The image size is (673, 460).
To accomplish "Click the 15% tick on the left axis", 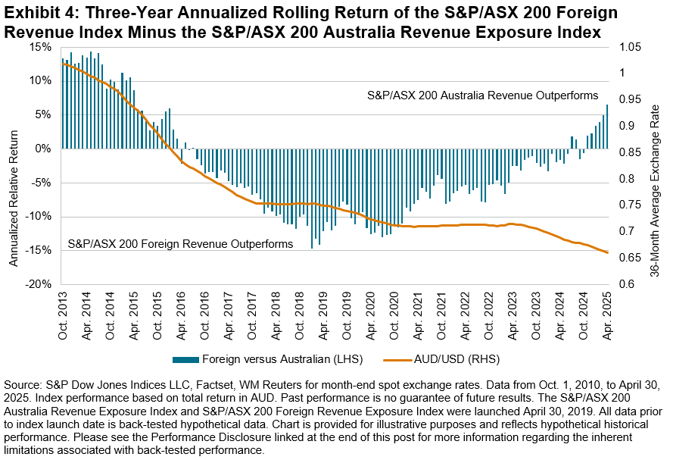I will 40,47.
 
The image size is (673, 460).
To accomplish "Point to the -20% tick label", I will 39,284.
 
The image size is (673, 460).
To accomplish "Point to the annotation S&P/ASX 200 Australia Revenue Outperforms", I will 482,96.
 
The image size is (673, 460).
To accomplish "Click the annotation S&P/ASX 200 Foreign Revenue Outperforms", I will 180,245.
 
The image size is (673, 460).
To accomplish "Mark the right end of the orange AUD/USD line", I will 607,252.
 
